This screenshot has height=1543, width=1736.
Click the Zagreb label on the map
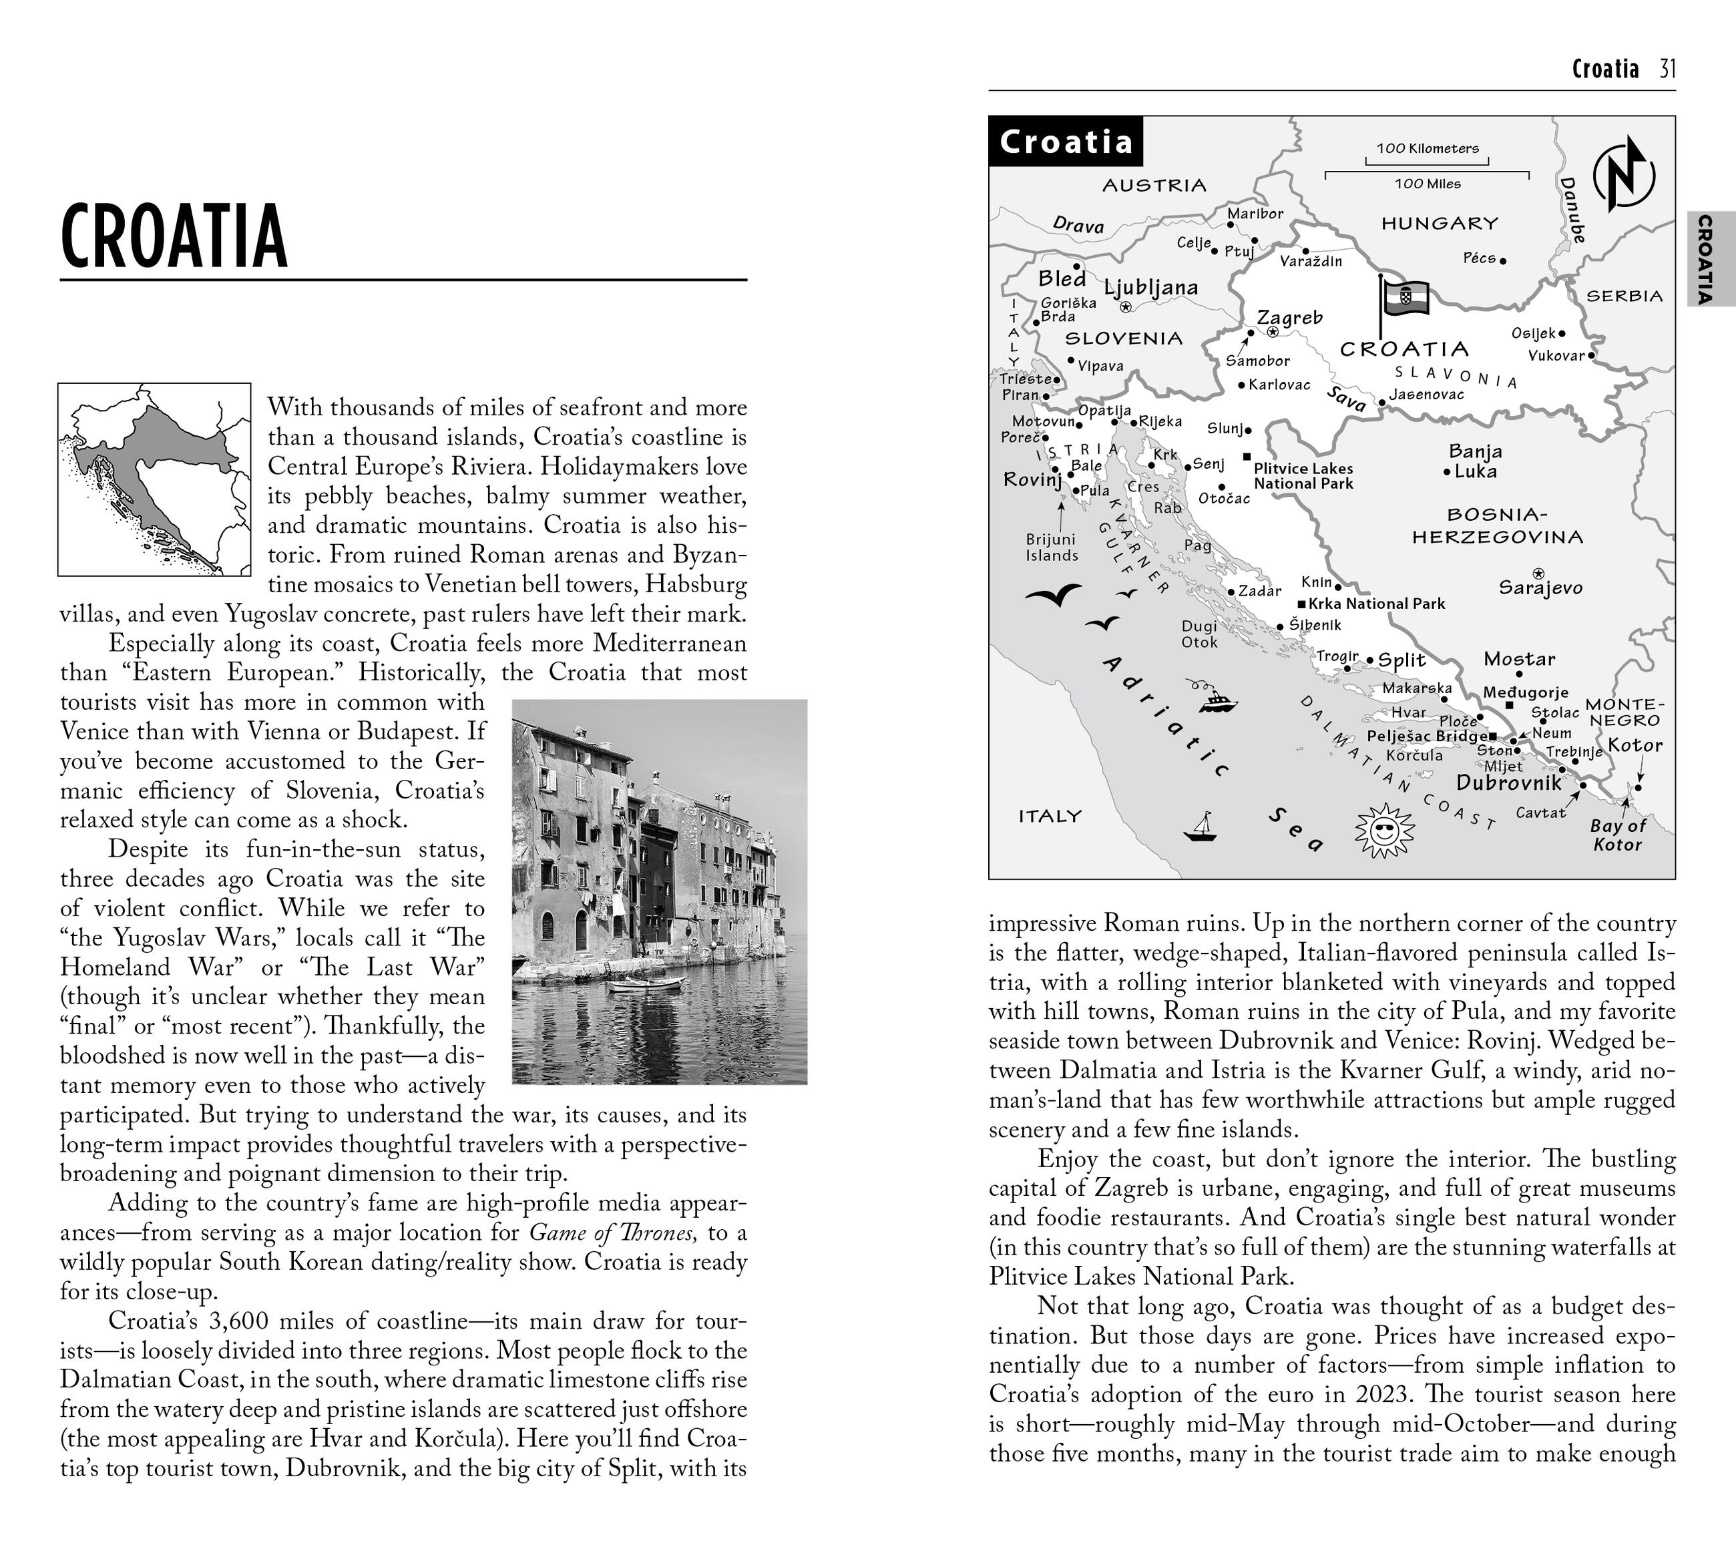click(x=1289, y=318)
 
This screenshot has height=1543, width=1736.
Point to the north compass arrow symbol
click(x=1624, y=176)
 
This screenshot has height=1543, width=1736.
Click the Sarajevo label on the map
click(x=1540, y=588)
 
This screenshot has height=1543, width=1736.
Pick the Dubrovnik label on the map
click(x=1508, y=782)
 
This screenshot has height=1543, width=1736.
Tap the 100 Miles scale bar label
click(x=1427, y=184)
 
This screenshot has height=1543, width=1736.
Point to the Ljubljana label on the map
click(x=1151, y=288)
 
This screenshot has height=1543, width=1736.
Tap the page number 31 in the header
click(x=1667, y=69)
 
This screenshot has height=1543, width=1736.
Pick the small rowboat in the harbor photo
click(x=646, y=984)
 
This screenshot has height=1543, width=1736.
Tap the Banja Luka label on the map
click(x=1475, y=461)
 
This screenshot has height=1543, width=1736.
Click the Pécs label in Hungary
click(x=1479, y=258)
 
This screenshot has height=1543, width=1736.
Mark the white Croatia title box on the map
click(x=1066, y=142)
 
